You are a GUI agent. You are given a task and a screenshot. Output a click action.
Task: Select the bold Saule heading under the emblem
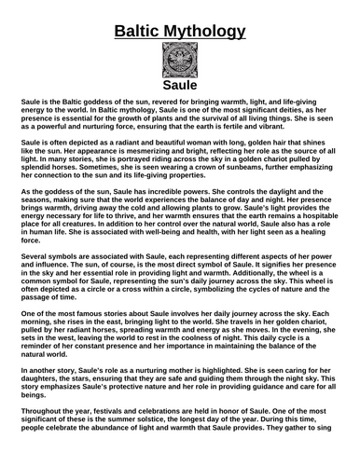coord(179,87)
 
